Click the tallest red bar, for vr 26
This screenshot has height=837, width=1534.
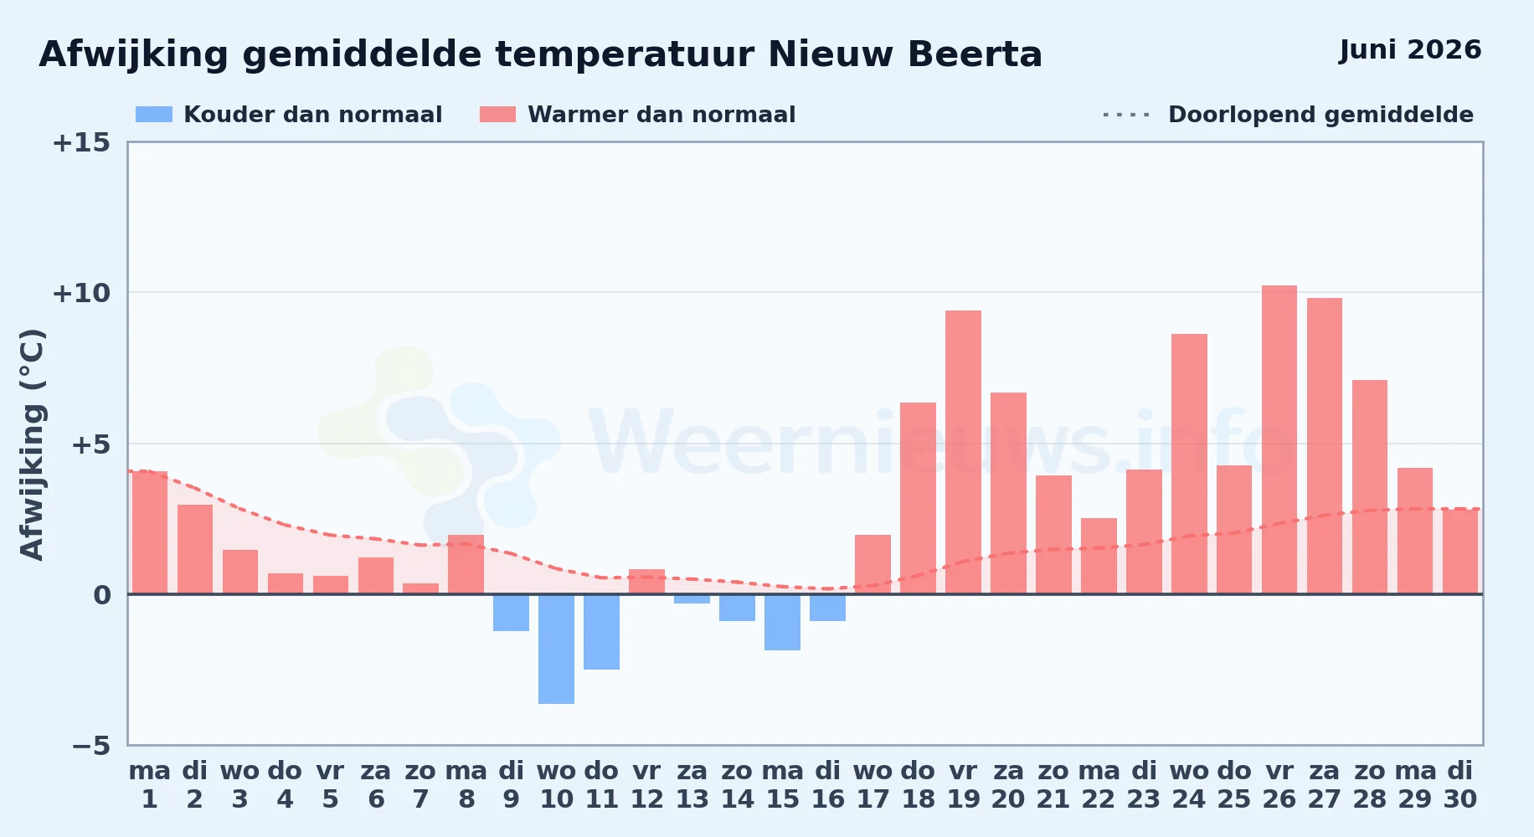[x=1279, y=439]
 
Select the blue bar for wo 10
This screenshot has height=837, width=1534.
[x=556, y=649]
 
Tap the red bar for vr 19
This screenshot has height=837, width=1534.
[x=963, y=452]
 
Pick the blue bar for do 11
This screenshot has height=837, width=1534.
[x=601, y=632]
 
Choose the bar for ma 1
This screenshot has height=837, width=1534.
[x=150, y=532]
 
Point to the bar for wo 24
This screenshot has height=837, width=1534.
[x=1189, y=464]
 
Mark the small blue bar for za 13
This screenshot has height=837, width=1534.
[x=692, y=598]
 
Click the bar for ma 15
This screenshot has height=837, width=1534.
[x=782, y=622]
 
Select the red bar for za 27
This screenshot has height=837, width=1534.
[x=1325, y=446]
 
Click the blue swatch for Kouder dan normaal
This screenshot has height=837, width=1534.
[x=154, y=115]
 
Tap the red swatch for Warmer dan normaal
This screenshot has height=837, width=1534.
[x=497, y=115]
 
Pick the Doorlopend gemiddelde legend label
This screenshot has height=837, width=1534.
[x=1320, y=115]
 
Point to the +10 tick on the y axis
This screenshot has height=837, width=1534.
[x=81, y=293]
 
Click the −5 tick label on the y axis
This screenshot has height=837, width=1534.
[x=90, y=745]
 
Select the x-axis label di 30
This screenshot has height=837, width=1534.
[x=1460, y=785]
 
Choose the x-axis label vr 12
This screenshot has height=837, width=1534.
[x=646, y=785]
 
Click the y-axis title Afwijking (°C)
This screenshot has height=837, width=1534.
[x=32, y=444]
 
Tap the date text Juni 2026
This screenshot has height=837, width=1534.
[x=1410, y=50]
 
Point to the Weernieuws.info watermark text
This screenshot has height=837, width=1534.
[x=942, y=444]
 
